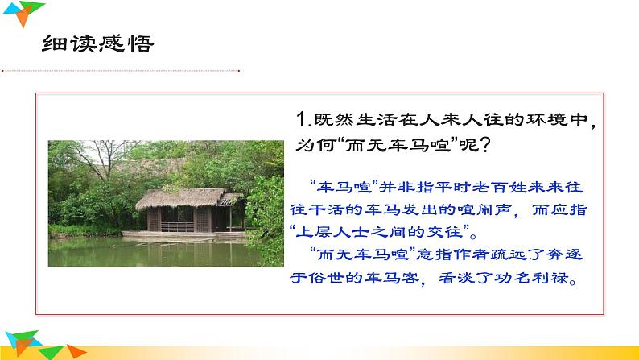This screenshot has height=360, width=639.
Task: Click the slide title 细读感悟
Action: [97, 43]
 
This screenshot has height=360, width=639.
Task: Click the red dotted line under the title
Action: [121, 71]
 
